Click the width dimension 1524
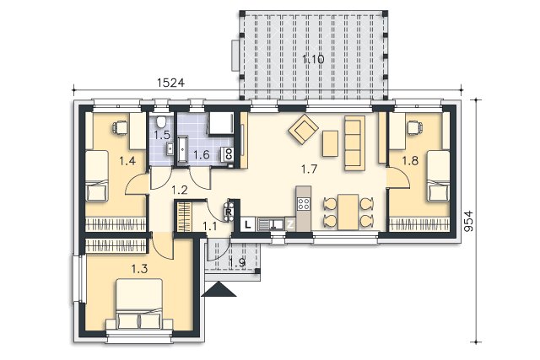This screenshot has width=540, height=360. coord(170,83)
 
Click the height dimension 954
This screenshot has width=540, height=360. coord(468,221)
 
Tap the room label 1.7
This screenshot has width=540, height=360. coord(309,169)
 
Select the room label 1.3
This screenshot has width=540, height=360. coord(140,268)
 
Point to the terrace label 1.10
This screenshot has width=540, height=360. coord(313,59)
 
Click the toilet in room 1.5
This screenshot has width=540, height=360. coord(161,121)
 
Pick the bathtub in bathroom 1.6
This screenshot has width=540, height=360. coord(182,148)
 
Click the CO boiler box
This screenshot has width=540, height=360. coord(229,153)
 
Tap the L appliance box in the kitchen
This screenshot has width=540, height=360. coord(247,225)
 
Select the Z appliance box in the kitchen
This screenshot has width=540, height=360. coord(290,225)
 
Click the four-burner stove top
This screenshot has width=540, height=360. coord(304,203)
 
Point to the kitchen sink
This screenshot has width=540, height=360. coord(271,224)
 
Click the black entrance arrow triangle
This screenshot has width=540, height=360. coord(219,289)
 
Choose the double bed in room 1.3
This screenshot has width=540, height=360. coord(139,304)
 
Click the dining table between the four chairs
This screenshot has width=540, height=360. coord(348,212)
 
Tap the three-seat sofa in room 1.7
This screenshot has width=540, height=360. coord(354,142)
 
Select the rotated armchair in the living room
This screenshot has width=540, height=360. coord(303,129)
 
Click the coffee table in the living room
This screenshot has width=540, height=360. coord(330,143)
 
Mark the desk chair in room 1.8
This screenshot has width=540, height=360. coord(414,127)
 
